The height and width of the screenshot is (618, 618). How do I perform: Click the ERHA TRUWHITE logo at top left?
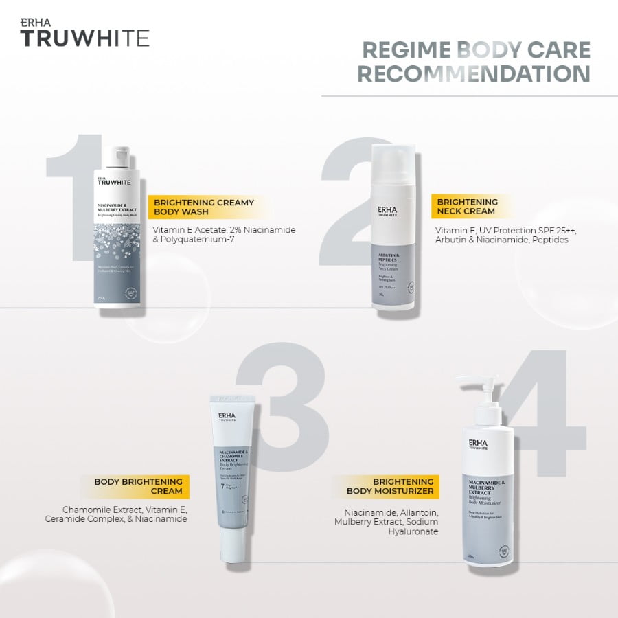tap(84, 32)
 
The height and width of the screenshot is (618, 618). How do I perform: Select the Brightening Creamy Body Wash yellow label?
tap(204, 207)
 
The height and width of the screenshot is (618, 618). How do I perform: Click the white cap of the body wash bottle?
tap(121, 157)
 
